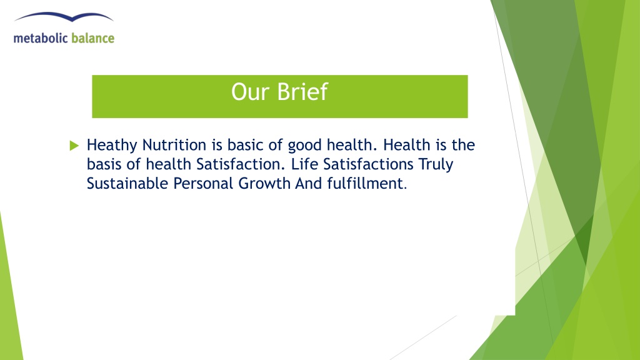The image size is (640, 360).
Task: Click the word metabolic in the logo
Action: coord(41,38)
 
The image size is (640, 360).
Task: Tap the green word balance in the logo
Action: coord(92,38)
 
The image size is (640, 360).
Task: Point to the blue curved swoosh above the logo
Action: coord(64,17)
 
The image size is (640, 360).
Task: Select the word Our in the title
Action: coord(251,92)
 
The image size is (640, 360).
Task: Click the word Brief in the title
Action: coord(302,91)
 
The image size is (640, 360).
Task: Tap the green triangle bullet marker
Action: coord(74,145)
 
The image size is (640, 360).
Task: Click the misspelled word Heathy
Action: coord(112,146)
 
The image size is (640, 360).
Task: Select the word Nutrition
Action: coord(174,145)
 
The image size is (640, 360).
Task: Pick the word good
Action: coord(304,146)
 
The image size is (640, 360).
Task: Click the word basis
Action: coord(104,164)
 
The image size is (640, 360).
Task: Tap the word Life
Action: coord(304,164)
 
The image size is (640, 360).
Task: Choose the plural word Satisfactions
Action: coord(368,164)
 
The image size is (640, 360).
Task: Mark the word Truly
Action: coord(436,165)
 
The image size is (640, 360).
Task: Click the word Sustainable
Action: coord(127,183)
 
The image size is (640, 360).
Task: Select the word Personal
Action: coord(203,183)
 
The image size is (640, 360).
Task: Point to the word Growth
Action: coord(264,183)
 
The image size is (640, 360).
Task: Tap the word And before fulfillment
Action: coord(309,183)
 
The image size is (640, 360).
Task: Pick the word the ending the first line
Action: coord(463,145)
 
